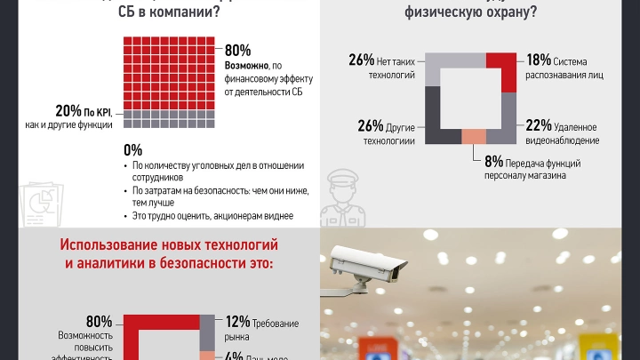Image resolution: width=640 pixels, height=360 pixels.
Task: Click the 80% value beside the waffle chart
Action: coord(238,51)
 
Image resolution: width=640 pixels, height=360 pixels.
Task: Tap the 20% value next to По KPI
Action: coord(68,111)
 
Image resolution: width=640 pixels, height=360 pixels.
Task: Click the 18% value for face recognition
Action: coord(539,60)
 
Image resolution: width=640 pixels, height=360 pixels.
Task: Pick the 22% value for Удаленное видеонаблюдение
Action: coord(539,125)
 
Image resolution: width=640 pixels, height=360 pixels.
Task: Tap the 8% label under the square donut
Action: coord(493,162)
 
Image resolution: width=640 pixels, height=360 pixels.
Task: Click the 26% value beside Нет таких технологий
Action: coord(361,60)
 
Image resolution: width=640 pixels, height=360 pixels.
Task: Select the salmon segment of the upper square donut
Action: coord(475,136)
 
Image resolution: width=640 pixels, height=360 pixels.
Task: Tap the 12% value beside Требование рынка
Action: coord(237,322)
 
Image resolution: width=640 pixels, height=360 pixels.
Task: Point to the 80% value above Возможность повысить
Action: coord(99,322)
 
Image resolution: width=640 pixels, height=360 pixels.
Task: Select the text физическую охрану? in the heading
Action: coord(458,12)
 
